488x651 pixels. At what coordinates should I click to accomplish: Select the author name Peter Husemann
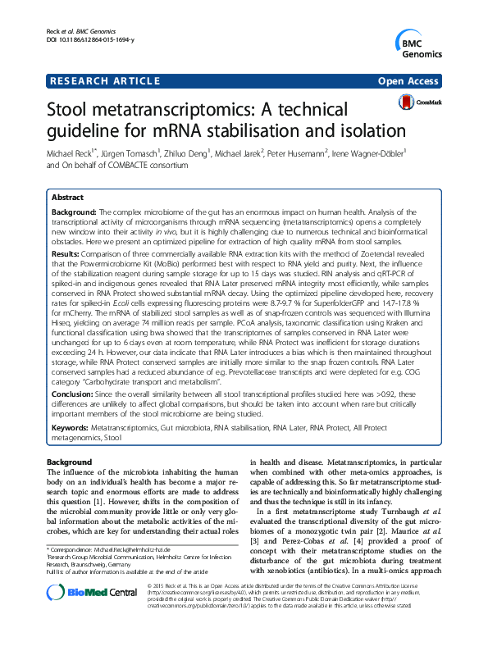(306, 153)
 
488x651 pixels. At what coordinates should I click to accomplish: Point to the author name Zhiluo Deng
(185, 153)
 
